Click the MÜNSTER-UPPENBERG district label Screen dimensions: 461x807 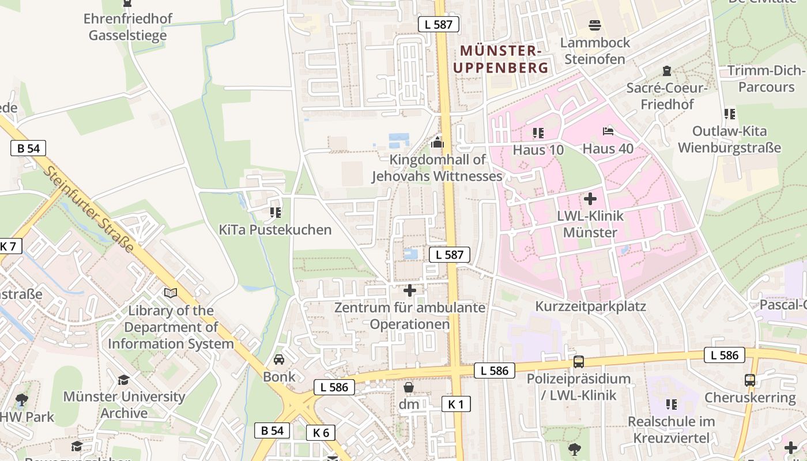click(x=500, y=59)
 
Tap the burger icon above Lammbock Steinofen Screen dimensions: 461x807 click(x=595, y=25)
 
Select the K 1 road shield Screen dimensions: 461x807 click(x=455, y=404)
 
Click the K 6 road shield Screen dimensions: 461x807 click(x=320, y=432)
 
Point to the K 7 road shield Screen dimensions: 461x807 click(x=9, y=246)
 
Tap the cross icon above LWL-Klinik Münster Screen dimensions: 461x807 click(x=590, y=199)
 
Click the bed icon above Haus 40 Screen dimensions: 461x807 click(x=608, y=131)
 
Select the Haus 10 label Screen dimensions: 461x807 click(x=538, y=149)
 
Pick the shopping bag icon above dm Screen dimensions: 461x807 click(x=409, y=387)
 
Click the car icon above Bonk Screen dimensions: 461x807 click(x=279, y=360)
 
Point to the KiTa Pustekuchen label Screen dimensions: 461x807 click(x=275, y=229)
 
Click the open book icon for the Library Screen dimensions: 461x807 click(x=171, y=293)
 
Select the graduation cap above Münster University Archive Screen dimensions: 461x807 click(x=123, y=380)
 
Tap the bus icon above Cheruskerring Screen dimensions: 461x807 click(x=749, y=380)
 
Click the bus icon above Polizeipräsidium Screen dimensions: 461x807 click(x=578, y=362)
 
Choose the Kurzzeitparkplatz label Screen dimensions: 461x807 click(x=590, y=306)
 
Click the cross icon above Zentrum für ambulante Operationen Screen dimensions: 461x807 click(x=409, y=290)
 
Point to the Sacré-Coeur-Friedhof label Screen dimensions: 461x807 click(x=666, y=96)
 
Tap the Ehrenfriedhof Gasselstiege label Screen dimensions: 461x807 click(x=127, y=27)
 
